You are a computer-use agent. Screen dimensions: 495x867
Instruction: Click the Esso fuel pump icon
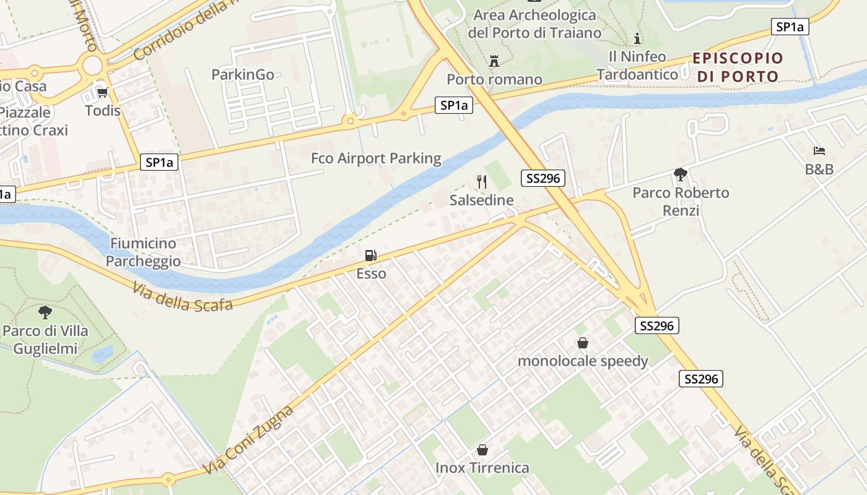370,255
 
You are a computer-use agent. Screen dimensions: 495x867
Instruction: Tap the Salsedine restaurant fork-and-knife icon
482,182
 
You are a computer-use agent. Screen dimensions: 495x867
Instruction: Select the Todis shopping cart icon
102,92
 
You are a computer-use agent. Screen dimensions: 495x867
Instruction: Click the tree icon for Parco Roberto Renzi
681,174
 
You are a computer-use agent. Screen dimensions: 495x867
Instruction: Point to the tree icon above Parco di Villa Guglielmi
45,312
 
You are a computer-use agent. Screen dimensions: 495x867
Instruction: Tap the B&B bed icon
819,150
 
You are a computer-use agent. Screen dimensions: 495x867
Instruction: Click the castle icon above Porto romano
494,61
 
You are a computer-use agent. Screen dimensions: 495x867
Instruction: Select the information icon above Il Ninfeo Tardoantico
637,38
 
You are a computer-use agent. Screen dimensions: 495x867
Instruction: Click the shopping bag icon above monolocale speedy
582,343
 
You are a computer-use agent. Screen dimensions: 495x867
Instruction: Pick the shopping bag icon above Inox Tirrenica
482,450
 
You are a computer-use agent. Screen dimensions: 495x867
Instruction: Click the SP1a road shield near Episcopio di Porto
790,27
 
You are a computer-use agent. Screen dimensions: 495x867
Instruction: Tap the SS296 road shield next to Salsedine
543,178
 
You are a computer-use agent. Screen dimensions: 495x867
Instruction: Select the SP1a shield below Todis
159,163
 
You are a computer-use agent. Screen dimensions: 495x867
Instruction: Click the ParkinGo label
243,74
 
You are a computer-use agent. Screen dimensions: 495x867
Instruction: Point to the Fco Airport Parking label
376,158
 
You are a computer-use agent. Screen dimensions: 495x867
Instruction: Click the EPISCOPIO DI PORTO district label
738,67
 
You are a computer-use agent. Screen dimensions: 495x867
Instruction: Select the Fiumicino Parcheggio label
143,252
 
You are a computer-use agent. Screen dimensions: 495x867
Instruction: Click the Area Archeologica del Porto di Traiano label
534,24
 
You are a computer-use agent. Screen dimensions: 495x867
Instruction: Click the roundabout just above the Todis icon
92,64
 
